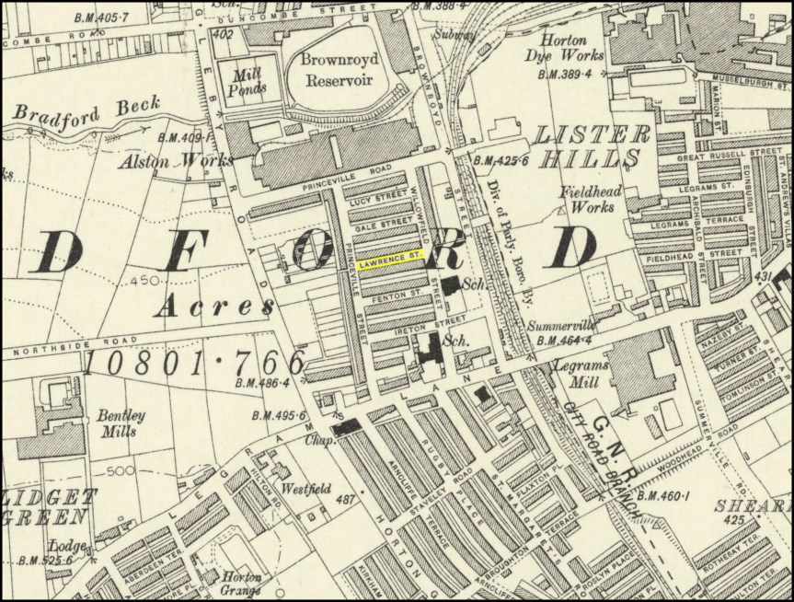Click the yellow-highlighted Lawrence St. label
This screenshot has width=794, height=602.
(x=391, y=263)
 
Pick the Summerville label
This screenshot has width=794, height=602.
(x=565, y=326)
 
